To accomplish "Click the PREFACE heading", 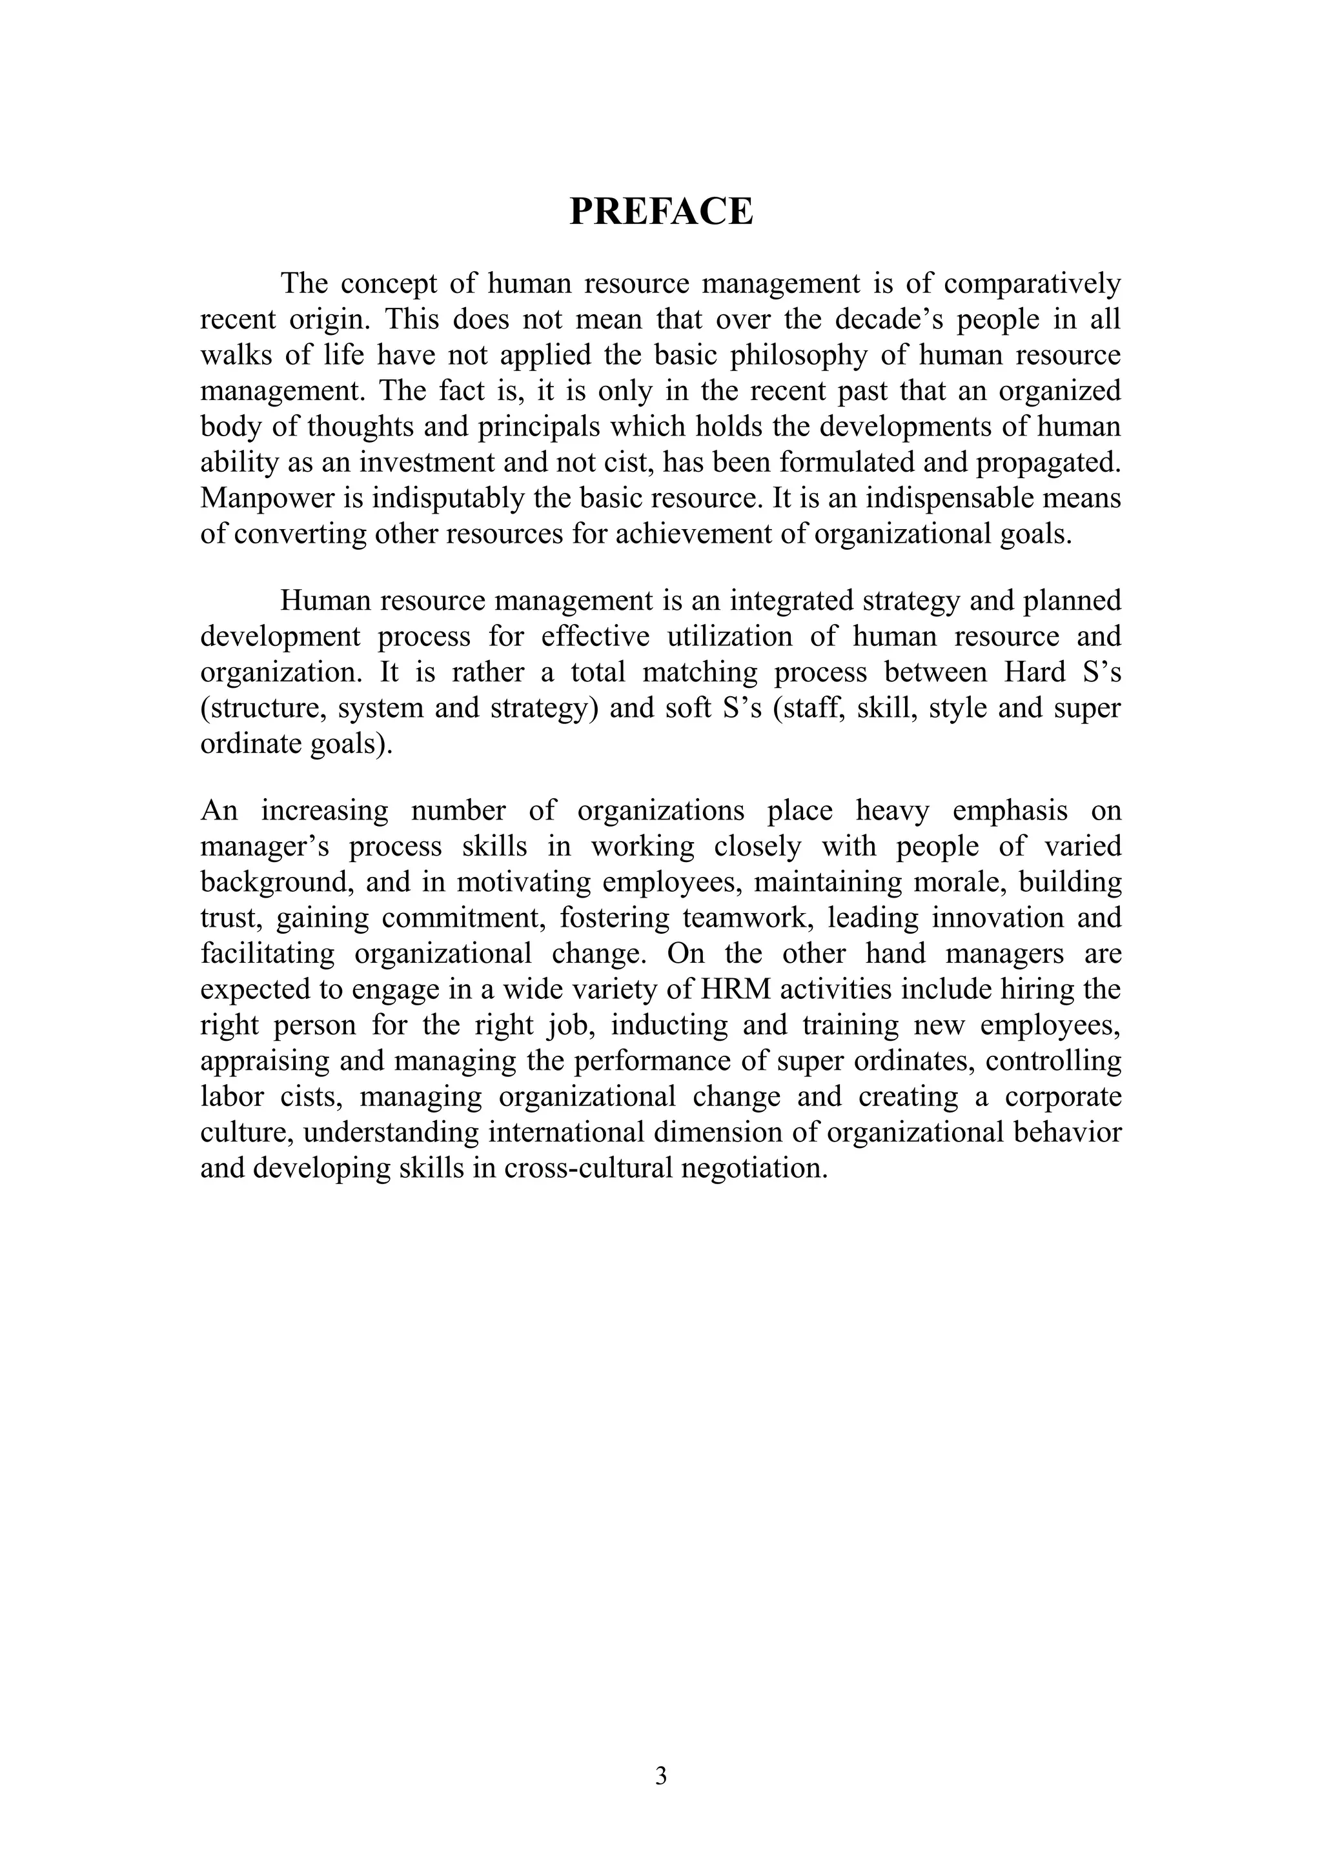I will pos(660,212).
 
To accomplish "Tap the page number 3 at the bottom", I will pos(660,1776).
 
